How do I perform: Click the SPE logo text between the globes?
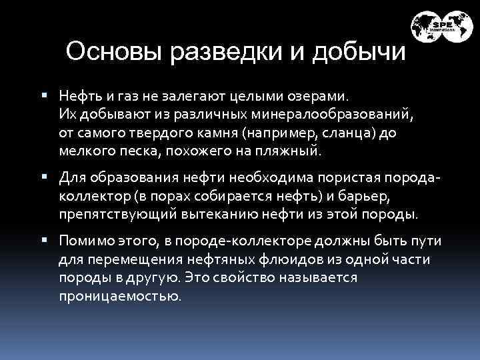tap(442, 27)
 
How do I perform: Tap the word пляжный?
tap(291, 151)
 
